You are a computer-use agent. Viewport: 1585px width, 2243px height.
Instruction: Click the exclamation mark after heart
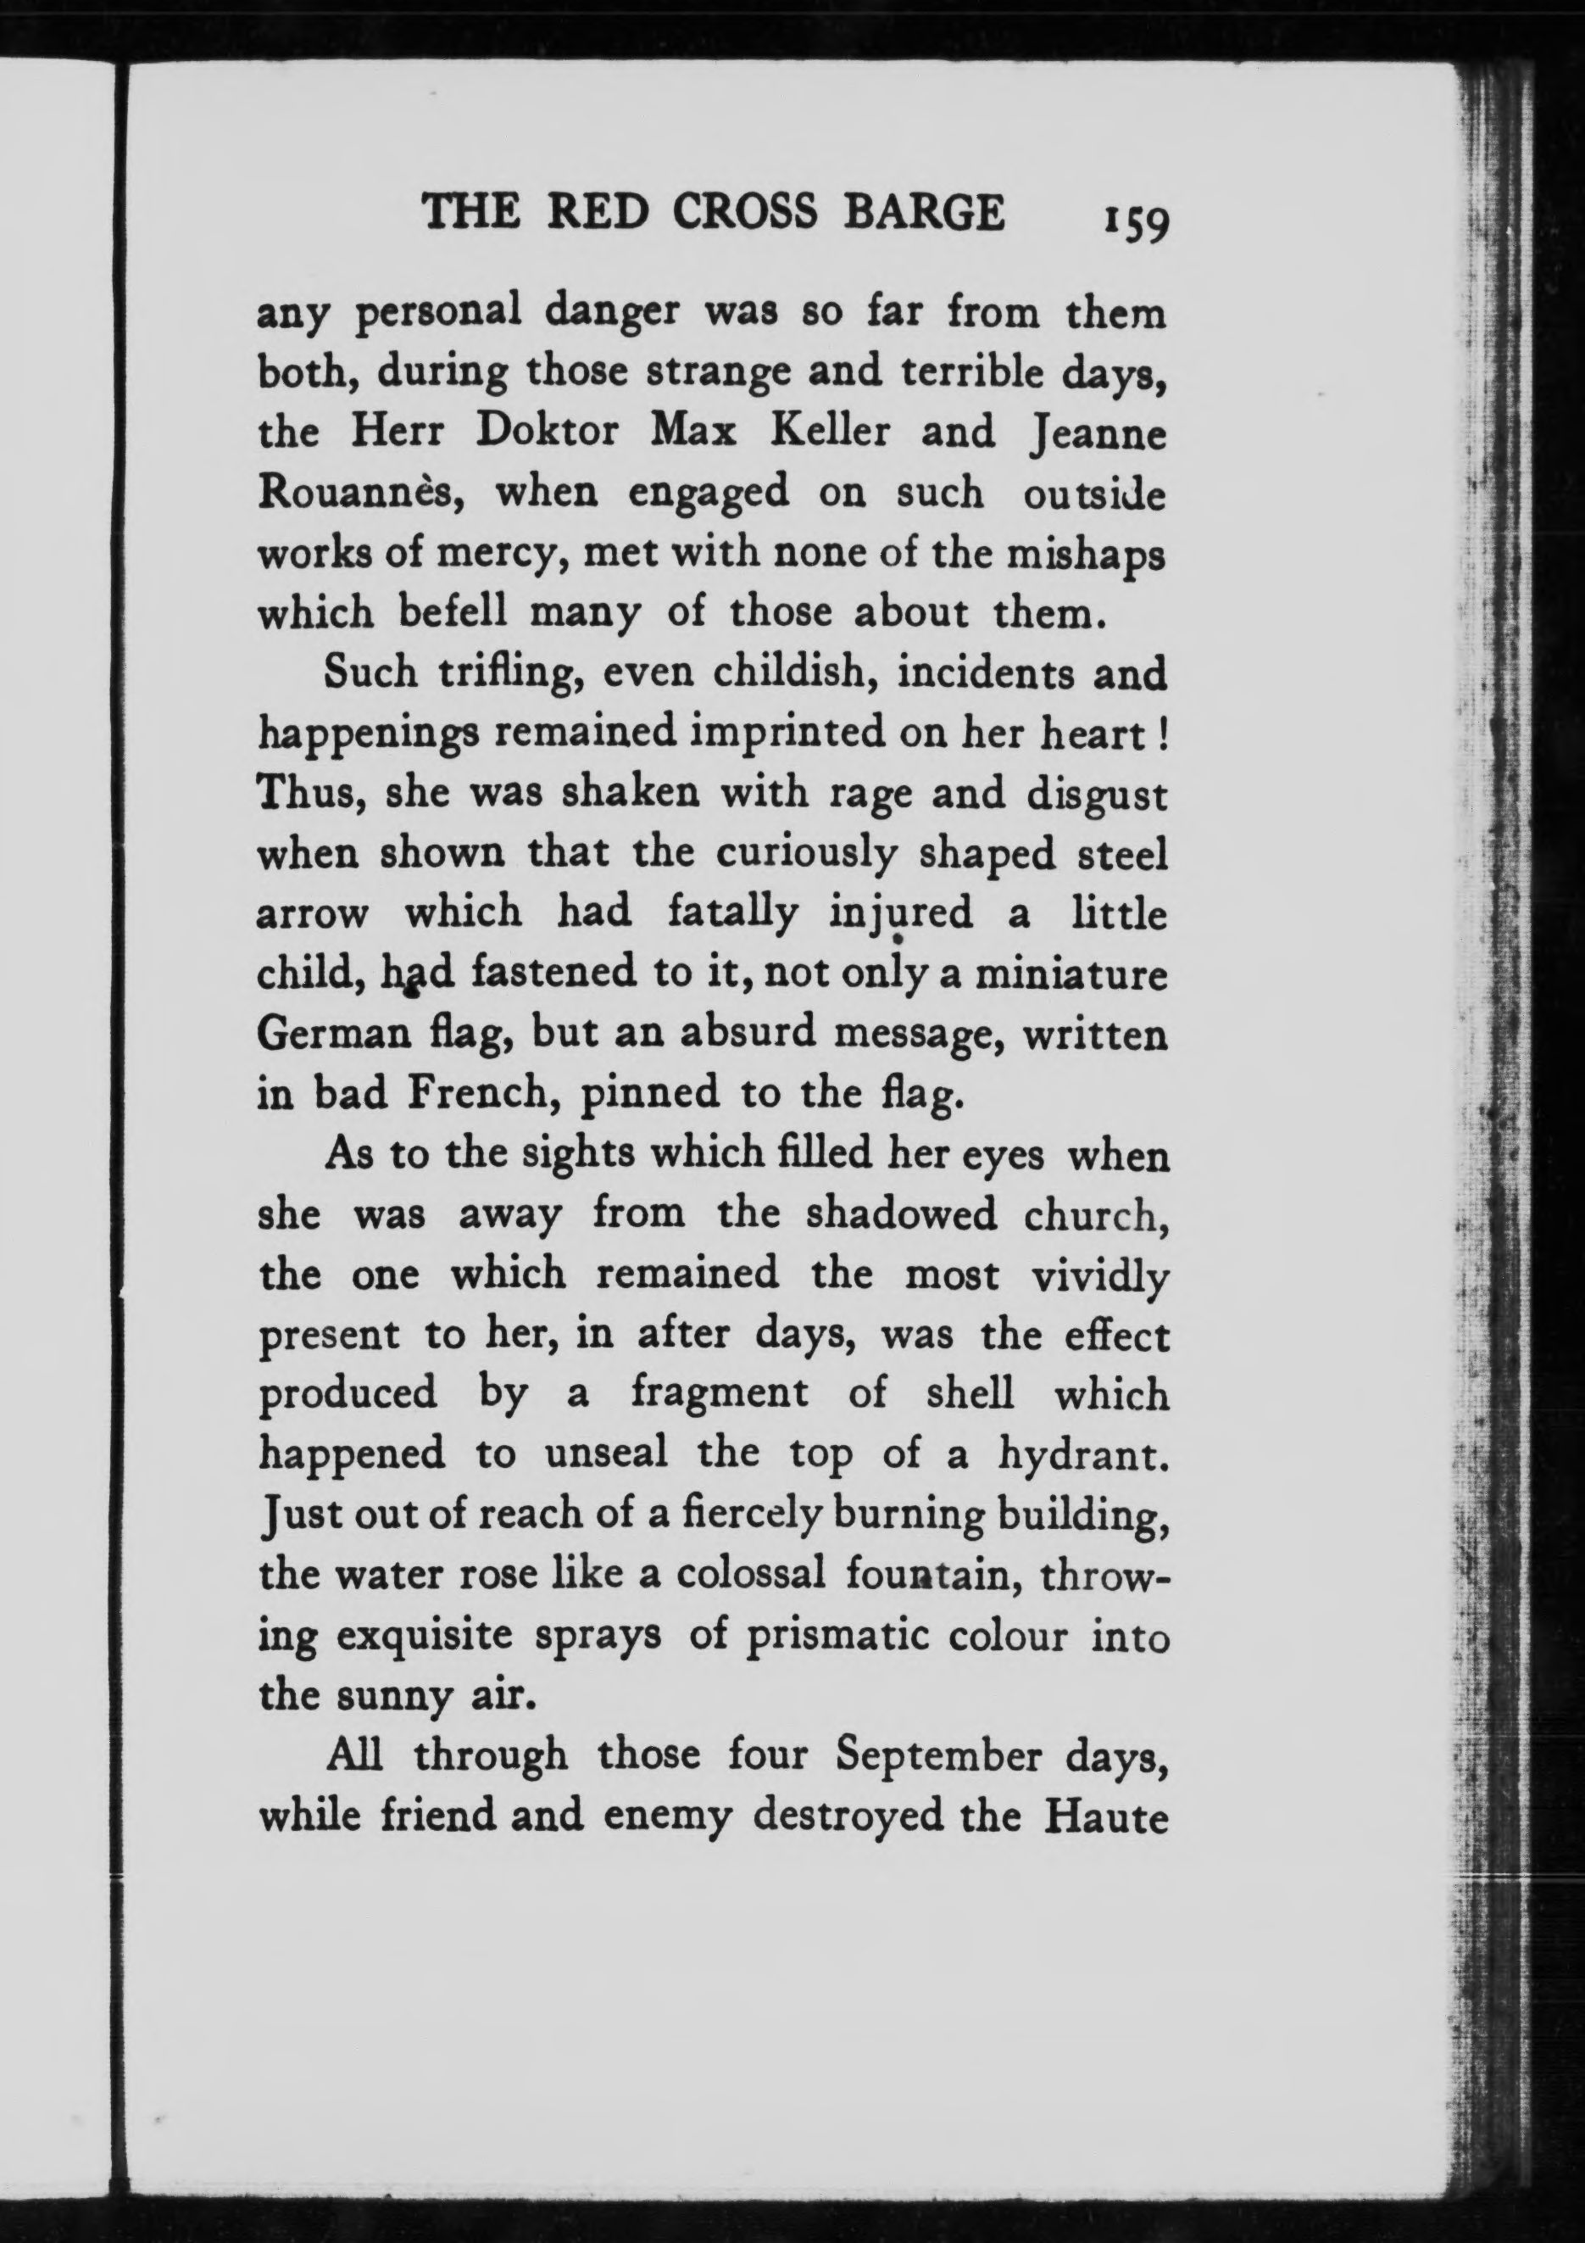click(1161, 734)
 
